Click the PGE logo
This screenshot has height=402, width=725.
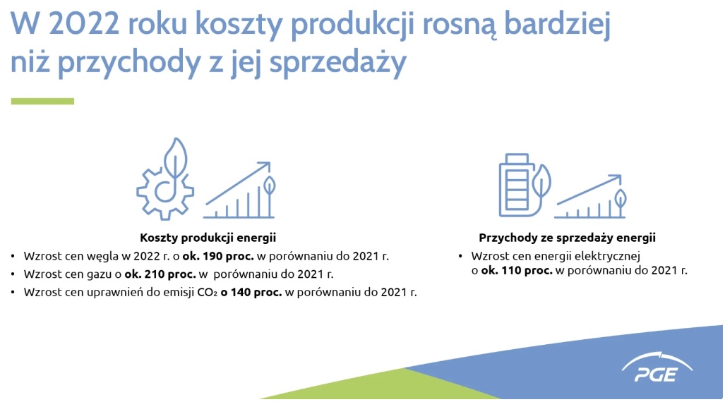tap(657, 368)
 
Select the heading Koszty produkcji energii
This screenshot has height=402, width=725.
tap(208, 238)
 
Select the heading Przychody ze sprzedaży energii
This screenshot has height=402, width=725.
tap(568, 238)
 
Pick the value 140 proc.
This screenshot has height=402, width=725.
tap(256, 292)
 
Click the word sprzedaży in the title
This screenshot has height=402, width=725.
tap(338, 63)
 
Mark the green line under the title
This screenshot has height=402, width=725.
tap(42, 101)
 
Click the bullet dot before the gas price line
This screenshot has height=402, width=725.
tap(13, 274)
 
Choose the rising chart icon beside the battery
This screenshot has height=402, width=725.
tap(590, 196)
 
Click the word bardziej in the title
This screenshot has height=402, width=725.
tap(557, 24)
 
